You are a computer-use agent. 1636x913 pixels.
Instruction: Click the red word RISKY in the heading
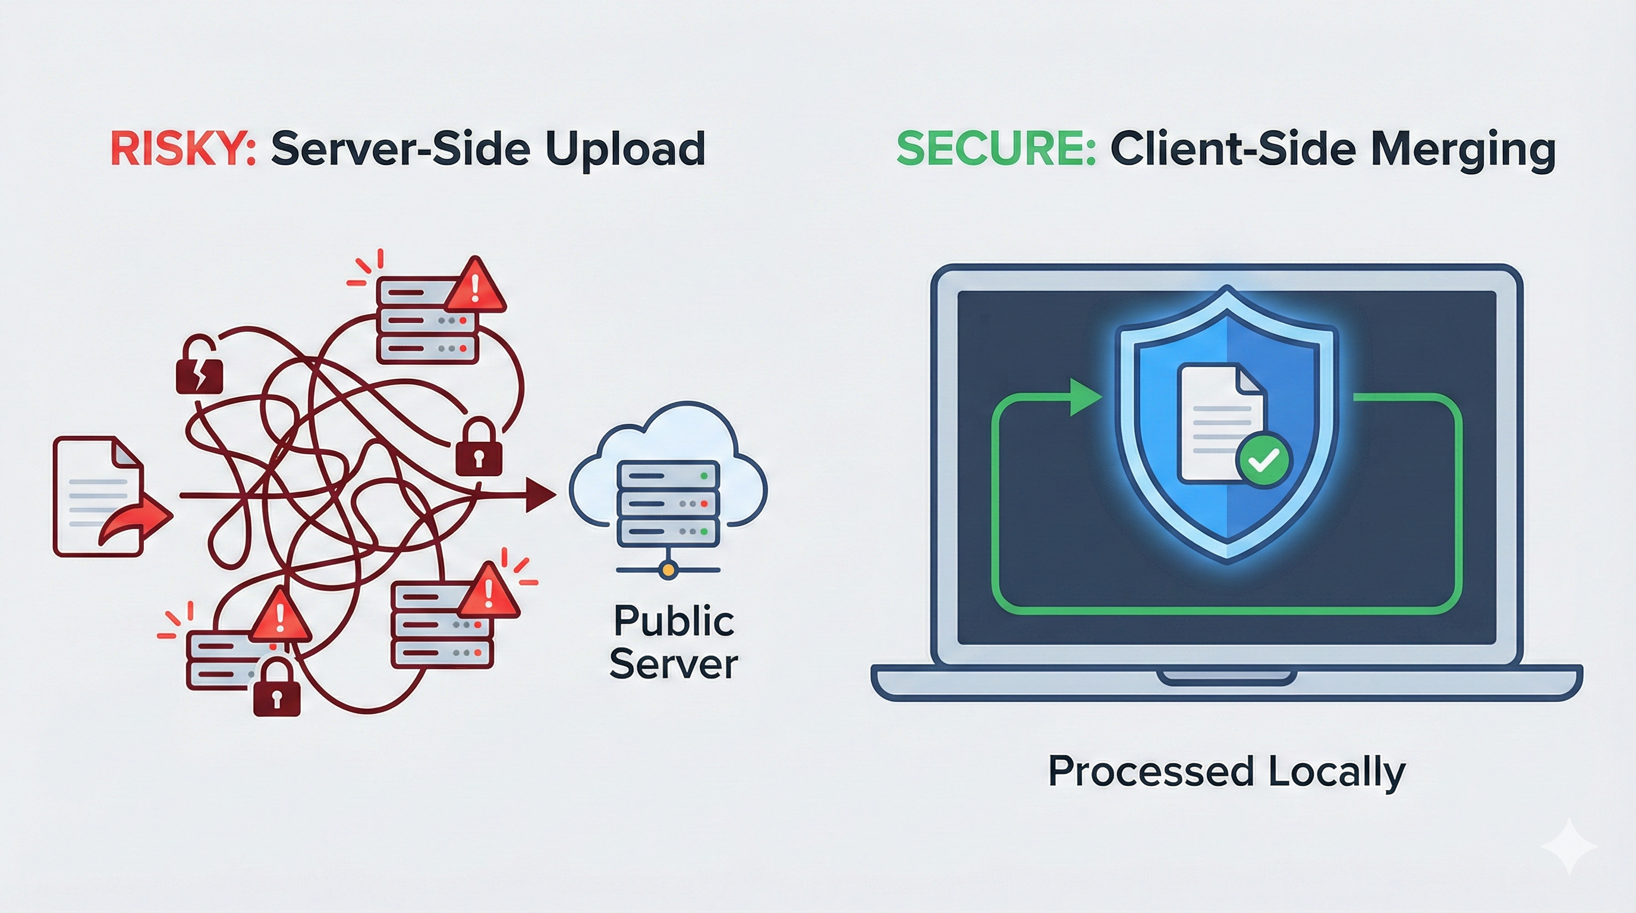pos(183,149)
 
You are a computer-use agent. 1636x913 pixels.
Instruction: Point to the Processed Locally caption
pos(1226,772)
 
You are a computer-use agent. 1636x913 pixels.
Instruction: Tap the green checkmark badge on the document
pos(1263,460)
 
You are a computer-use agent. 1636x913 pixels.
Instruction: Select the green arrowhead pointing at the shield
pos(1085,398)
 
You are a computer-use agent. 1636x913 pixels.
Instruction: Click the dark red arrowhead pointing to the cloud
pos(540,495)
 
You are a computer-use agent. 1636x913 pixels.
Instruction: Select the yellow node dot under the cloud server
pos(668,570)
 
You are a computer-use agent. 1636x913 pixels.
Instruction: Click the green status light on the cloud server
pos(703,476)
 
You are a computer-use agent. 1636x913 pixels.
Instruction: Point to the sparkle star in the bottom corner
pos(1569,846)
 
